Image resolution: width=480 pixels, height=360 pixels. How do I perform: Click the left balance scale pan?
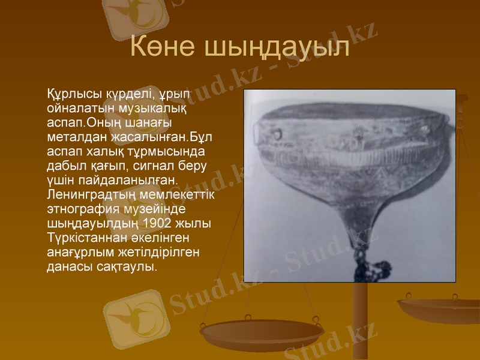262,332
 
